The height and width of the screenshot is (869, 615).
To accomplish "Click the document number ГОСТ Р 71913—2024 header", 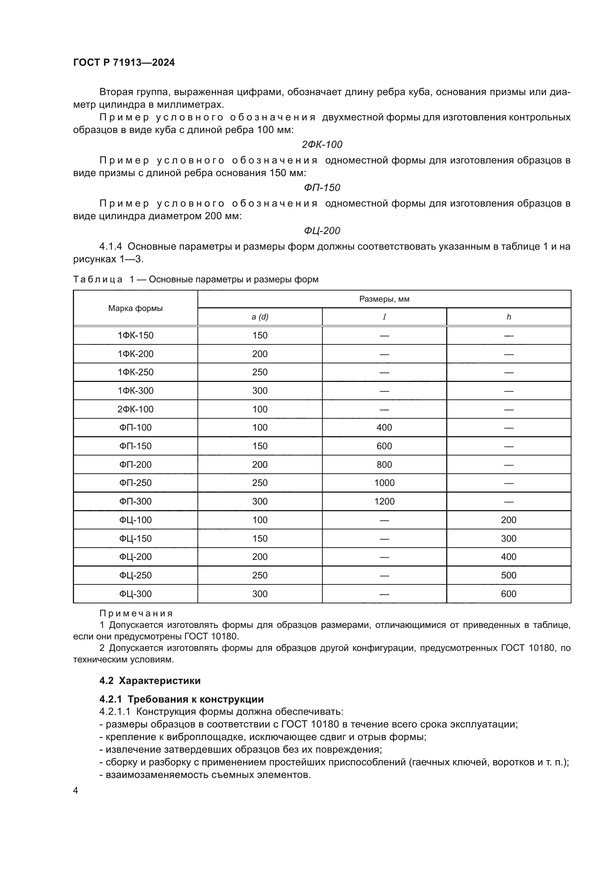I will coord(124,62).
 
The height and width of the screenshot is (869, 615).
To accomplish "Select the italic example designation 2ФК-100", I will coord(322,144).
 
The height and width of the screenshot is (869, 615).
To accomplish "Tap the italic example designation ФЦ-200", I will coord(322,230).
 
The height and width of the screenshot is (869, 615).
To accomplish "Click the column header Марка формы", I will coord(135,308).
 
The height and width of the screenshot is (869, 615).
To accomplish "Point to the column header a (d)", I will coord(260,317).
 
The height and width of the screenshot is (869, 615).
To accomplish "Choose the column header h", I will coord(509,317).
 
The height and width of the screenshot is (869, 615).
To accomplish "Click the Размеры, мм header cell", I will coord(384,299).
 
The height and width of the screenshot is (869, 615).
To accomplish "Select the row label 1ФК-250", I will coord(135,372).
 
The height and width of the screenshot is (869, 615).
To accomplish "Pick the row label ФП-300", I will coord(135,501).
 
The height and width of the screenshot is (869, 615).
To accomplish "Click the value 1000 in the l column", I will coord(384,483).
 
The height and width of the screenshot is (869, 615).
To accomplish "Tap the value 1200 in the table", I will coord(384,501).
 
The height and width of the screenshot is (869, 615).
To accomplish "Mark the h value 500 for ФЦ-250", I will coord(508,575).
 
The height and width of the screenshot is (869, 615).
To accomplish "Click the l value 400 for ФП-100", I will coord(384,427).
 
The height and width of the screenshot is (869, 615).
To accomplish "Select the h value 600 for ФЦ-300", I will coord(508,594).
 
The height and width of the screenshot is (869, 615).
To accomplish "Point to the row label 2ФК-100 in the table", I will coord(135,409).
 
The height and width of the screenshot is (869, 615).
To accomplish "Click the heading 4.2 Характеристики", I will coord(150,681).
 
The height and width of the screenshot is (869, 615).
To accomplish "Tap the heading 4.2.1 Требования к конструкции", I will coord(181,699).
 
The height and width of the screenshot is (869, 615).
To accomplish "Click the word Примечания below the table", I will coord(136,613).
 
